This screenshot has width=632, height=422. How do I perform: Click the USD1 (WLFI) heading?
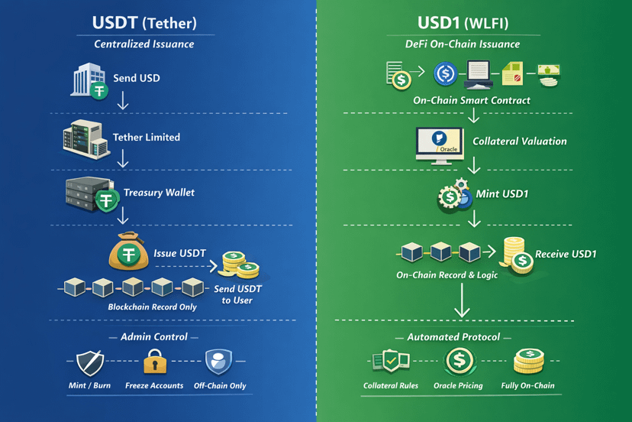(463, 23)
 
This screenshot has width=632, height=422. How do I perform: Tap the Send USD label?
(137, 78)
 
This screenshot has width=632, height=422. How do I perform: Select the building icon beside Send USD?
(87, 80)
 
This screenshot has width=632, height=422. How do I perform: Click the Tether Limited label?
(147, 138)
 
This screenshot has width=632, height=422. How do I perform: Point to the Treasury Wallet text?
(159, 192)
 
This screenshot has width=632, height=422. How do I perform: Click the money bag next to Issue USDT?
(128, 252)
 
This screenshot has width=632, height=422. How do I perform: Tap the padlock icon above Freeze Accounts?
(155, 361)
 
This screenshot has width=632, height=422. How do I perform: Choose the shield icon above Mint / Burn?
(90, 362)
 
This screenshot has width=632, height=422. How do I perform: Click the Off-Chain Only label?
(220, 386)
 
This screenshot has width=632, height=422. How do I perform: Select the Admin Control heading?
(154, 337)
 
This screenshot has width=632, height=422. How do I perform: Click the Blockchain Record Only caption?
(153, 307)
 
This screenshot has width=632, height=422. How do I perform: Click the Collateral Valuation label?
(519, 141)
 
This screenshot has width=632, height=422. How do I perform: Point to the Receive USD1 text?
(566, 255)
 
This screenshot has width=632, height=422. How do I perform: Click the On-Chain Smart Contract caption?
(472, 100)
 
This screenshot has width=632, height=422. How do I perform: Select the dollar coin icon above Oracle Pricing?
(459, 360)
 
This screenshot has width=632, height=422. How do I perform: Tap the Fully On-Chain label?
(528, 386)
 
